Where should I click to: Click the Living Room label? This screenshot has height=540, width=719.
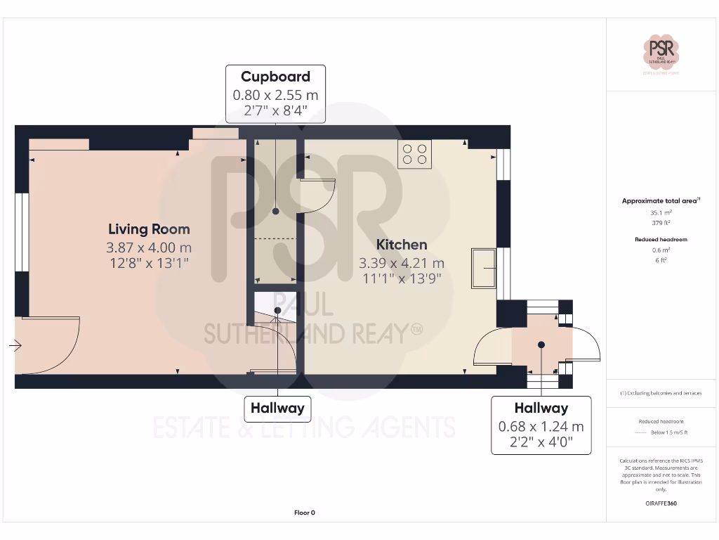point(149,229)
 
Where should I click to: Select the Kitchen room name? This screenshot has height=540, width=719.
point(402,245)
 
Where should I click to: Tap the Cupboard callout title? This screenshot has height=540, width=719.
point(275,77)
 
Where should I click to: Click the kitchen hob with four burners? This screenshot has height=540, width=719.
point(414,154)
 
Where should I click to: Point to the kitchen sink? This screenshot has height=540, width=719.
point(483,268)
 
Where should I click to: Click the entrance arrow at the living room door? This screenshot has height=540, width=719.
point(15,345)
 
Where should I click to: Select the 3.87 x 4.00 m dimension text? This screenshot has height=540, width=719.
point(149,247)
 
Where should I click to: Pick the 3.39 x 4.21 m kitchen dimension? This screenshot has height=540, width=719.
point(402,263)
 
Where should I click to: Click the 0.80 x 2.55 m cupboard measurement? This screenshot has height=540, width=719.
point(275,94)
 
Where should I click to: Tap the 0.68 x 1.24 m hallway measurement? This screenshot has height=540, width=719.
point(541,427)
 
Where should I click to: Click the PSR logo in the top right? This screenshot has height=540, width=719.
point(661,53)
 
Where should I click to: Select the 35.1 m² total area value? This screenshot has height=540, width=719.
point(661,212)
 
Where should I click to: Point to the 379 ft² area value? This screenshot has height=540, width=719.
point(661,222)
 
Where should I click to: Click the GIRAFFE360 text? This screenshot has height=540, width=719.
point(661,503)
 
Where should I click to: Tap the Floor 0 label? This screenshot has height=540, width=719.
point(305,513)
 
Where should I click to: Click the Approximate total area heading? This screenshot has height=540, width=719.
point(660,201)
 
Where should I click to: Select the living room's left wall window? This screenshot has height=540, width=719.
point(22,232)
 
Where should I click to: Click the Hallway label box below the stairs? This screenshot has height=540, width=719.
point(277,408)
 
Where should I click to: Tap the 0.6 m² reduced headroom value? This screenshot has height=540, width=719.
point(661,250)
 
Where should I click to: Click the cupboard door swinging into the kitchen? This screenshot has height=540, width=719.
point(319,198)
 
